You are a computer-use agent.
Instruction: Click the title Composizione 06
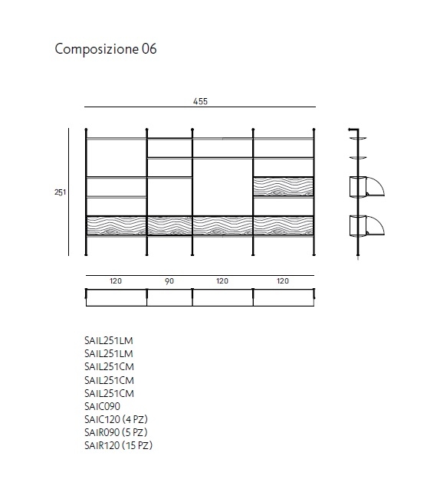click(x=106, y=49)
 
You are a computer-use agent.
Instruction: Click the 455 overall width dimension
click(x=200, y=101)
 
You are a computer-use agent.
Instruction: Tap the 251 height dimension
click(x=61, y=192)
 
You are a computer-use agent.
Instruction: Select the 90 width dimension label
click(x=169, y=281)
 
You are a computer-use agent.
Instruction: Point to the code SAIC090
click(x=102, y=406)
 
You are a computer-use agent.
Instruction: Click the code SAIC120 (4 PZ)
click(x=116, y=419)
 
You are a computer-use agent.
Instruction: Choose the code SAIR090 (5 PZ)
click(x=116, y=432)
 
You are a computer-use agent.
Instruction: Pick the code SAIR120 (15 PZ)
click(x=118, y=445)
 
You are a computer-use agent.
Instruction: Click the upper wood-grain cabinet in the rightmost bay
click(x=284, y=187)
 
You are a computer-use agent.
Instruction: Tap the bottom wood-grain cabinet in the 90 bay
click(x=169, y=225)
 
